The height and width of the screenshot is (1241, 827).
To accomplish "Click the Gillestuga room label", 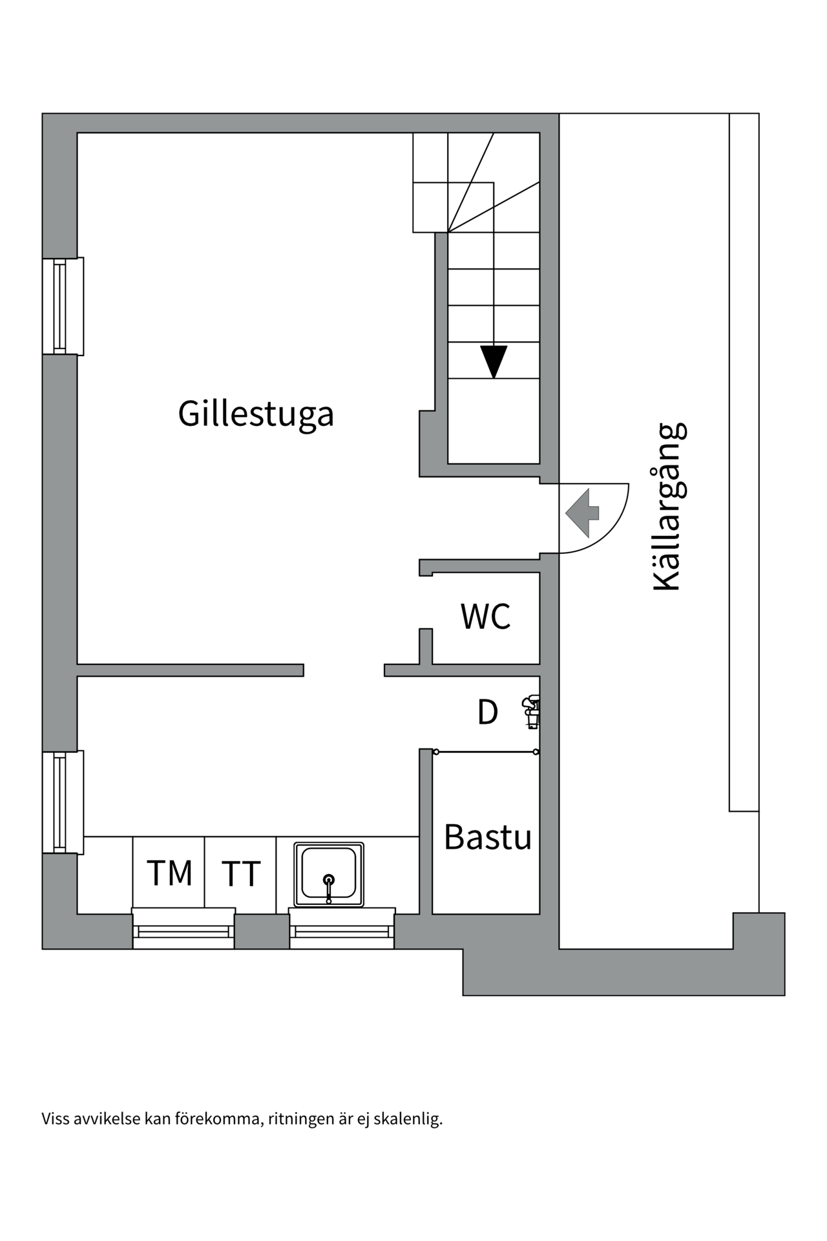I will [x=256, y=414].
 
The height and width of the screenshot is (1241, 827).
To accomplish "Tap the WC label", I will [x=485, y=616].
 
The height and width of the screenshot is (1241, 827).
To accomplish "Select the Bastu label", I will [x=487, y=837].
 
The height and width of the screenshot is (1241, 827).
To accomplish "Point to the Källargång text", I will [x=667, y=507].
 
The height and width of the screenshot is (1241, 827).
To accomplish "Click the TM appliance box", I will [x=169, y=873].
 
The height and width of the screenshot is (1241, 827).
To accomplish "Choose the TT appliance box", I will [x=240, y=873].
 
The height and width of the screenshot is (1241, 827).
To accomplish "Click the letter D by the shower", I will [x=487, y=713].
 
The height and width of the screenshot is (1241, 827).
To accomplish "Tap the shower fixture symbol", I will [x=532, y=712].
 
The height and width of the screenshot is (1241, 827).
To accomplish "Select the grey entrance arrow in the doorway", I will [x=583, y=513].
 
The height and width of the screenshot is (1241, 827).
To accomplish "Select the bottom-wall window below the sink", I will [x=342, y=929].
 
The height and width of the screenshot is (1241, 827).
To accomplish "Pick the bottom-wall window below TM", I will [x=183, y=929].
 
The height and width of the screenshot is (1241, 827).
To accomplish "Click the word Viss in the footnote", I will [x=56, y=1119].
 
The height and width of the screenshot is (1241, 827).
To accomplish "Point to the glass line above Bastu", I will [x=486, y=752].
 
